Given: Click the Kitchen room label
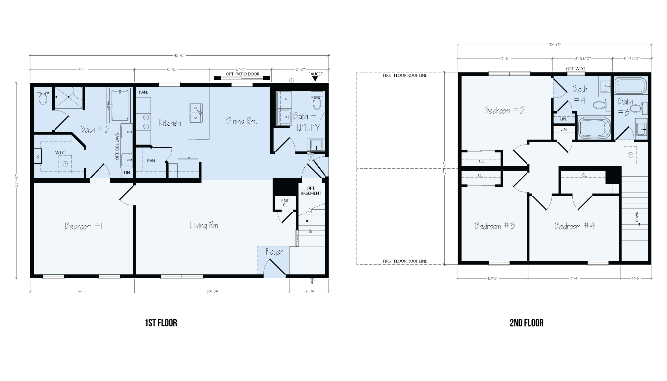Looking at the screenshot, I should point(170,123).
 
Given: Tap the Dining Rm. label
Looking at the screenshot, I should point(242,121).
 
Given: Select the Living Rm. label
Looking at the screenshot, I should point(204,226).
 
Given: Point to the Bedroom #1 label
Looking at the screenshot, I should point(84,226).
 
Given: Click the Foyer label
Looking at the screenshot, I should point(274,252).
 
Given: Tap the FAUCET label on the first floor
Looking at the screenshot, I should point(315,74).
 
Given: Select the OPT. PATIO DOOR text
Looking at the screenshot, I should point(243,74).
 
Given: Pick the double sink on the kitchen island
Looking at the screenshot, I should point(197,112).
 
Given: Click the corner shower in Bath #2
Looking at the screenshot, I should point(68,98).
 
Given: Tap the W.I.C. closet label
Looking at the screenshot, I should point(60,153).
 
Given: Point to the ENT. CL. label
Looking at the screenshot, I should point(285,203).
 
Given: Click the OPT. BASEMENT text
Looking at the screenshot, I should point(311,191).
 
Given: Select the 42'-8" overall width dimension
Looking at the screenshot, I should point(180,55).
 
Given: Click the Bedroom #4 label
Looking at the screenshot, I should point(574,226).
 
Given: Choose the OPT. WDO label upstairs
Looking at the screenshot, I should point(576,69).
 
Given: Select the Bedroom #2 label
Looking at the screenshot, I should point(504,110).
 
